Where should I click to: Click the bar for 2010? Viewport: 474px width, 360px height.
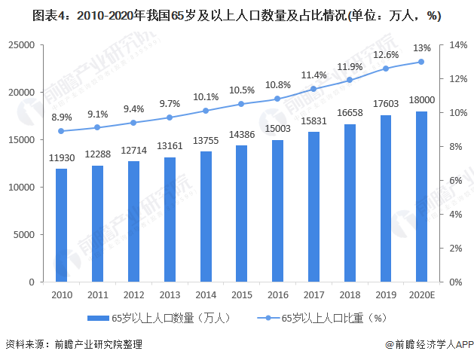pos(61,225)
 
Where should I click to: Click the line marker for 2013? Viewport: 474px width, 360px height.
pos(170,117)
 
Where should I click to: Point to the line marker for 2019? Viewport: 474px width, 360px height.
pos(385,69)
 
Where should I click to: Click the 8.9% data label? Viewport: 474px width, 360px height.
pos(61,117)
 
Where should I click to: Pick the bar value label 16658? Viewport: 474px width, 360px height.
pos(349,112)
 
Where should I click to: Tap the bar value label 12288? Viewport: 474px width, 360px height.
pos(97,154)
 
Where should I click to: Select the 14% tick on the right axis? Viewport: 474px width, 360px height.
pos(459,45)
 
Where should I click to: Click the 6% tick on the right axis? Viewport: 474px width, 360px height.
pos(457,181)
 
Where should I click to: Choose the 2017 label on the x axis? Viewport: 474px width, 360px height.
pos(313,295)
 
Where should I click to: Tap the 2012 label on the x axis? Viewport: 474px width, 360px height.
pos(133,295)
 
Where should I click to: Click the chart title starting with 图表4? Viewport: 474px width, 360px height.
pos(227,16)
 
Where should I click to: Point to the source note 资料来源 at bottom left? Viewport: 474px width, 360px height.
pos(73,345)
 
